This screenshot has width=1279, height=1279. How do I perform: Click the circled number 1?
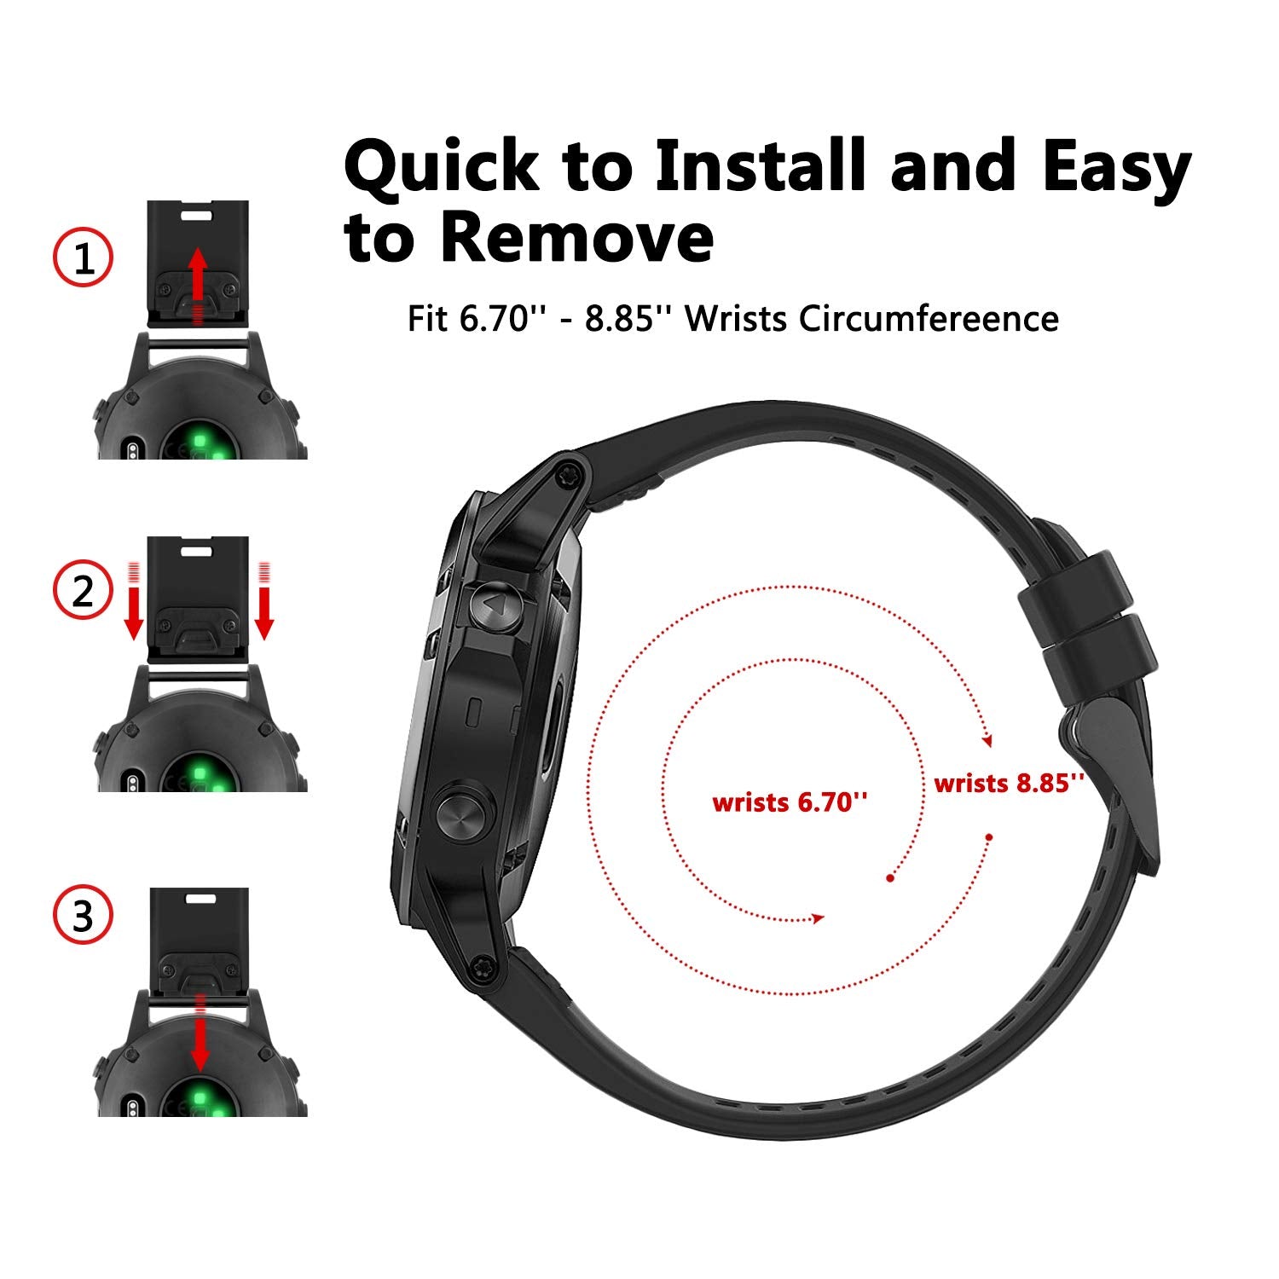click(83, 258)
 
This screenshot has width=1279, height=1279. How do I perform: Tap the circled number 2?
click(83, 590)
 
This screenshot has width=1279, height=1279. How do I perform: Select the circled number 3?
click(83, 917)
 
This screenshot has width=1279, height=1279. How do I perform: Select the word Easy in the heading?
click(1116, 168)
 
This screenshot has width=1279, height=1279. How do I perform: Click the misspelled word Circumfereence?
click(929, 319)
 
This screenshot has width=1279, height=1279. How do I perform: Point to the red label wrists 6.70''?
click(790, 802)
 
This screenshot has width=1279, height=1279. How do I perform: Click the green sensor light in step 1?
click(201, 442)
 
